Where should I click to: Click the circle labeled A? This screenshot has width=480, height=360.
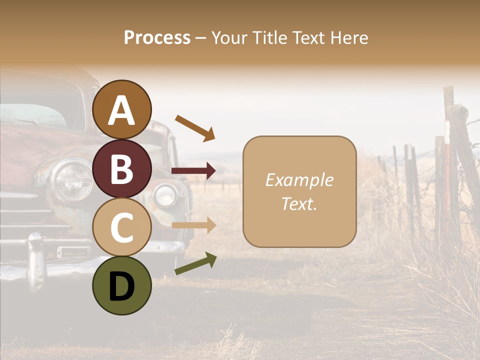coord(121,109)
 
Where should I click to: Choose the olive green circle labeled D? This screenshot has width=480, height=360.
coord(121,285)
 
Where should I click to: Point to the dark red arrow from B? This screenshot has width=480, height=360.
coord(193,171)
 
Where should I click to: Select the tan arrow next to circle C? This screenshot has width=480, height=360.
coord(193,225)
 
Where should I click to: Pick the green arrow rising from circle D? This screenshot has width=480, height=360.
coord(195,263)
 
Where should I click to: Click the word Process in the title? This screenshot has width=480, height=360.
coord(157,37)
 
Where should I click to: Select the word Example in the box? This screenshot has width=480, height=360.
coord(299,180)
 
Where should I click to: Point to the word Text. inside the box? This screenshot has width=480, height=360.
coord(299,203)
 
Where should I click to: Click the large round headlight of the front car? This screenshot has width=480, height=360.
coord(73,180)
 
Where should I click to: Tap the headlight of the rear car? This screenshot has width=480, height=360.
coord(165,195)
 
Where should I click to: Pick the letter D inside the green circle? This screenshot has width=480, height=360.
coord(121,286)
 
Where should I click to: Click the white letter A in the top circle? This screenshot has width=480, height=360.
coord(121,110)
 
